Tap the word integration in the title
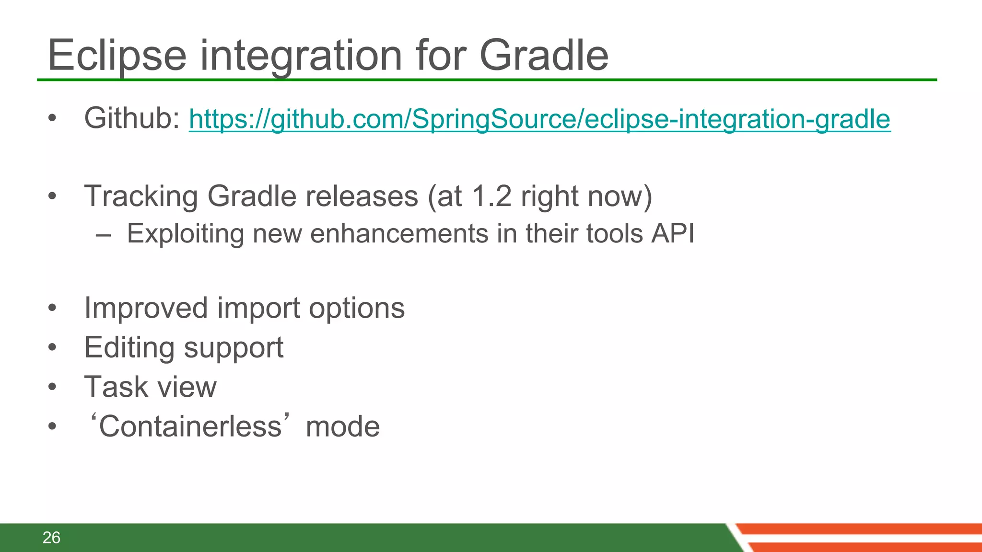302,57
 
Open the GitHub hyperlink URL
539,119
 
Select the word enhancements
399,234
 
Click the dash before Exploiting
103,235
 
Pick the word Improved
146,308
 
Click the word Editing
129,348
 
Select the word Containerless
190,426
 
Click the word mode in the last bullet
342,427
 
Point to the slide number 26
51,538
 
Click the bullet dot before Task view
52,387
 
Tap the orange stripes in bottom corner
863,538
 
